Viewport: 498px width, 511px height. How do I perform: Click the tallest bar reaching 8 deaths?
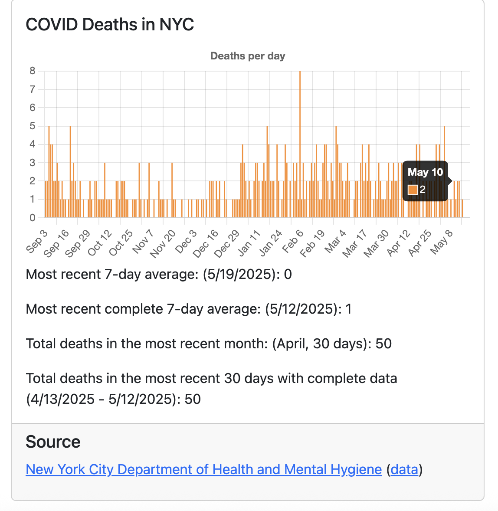[300, 143]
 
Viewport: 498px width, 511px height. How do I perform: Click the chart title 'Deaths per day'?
[247, 56]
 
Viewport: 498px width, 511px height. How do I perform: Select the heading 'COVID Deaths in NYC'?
[110, 24]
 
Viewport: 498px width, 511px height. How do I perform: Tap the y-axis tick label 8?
[33, 71]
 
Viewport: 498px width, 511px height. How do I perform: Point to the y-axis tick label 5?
[33, 126]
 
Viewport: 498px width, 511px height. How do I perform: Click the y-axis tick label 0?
[33, 218]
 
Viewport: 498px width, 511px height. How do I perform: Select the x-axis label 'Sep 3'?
[37, 241]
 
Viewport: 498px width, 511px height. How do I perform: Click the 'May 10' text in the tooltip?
[425, 172]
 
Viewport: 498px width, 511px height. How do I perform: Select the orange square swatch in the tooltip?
[413, 190]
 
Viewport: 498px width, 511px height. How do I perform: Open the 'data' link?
[404, 469]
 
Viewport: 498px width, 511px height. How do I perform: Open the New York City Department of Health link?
[203, 469]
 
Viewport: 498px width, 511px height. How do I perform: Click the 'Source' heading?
[53, 442]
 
